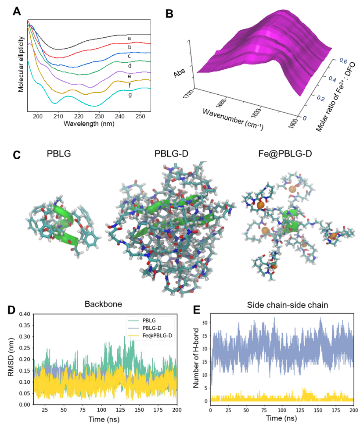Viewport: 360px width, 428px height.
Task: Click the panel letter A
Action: [16, 11]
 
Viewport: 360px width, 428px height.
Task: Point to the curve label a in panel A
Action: [130, 39]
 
